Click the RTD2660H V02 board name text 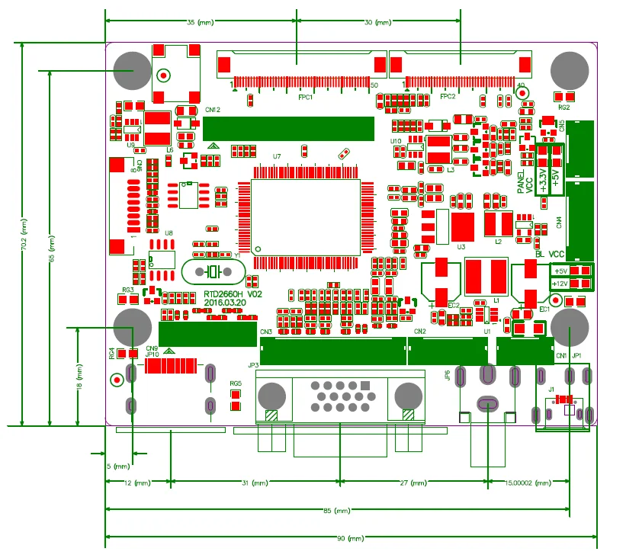click(233, 293)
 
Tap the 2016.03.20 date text click(225, 303)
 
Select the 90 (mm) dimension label click(351, 539)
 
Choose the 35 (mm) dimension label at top click(200, 23)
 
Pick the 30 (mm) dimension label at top click(377, 23)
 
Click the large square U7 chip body click(306, 217)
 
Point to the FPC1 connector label click(306, 97)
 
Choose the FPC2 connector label click(448, 97)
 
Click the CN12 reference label click(212, 110)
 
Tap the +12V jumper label click(560, 284)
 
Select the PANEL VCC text click(525, 183)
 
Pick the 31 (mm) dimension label click(259, 483)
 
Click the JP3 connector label click(253, 365)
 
